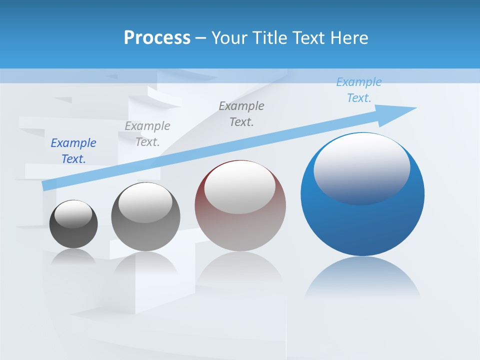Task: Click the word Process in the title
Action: [x=157, y=38]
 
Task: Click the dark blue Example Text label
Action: [x=73, y=151]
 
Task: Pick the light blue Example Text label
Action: [x=359, y=90]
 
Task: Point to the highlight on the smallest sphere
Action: [x=73, y=214]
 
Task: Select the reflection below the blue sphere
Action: [x=362, y=277]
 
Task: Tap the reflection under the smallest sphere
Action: [x=73, y=256]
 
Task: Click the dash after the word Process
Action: [x=201, y=38]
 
